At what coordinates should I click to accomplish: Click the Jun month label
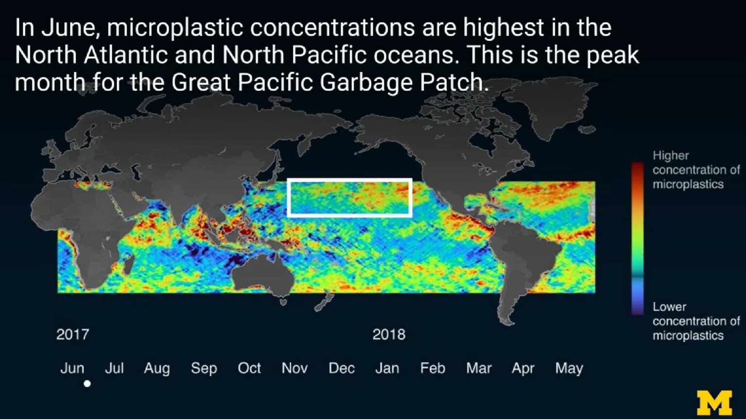(72, 369)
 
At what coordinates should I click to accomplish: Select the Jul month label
(114, 369)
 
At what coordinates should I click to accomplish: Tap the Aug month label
(157, 369)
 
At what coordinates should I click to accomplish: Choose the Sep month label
(203, 369)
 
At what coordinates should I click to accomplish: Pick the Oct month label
(249, 369)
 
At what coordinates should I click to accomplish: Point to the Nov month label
(294, 369)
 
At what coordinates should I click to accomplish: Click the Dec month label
(341, 369)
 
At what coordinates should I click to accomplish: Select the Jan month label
(387, 369)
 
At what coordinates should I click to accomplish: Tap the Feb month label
(432, 369)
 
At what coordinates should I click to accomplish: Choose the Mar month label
(479, 369)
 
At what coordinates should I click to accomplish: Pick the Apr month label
(523, 369)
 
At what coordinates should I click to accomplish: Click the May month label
(569, 369)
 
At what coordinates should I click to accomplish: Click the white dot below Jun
(87, 384)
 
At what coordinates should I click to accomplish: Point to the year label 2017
(72, 335)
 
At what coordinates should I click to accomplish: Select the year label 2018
(389, 335)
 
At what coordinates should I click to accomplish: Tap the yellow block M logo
(714, 402)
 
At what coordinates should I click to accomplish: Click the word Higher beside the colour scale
(670, 156)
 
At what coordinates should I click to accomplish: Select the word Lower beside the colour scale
(669, 307)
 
